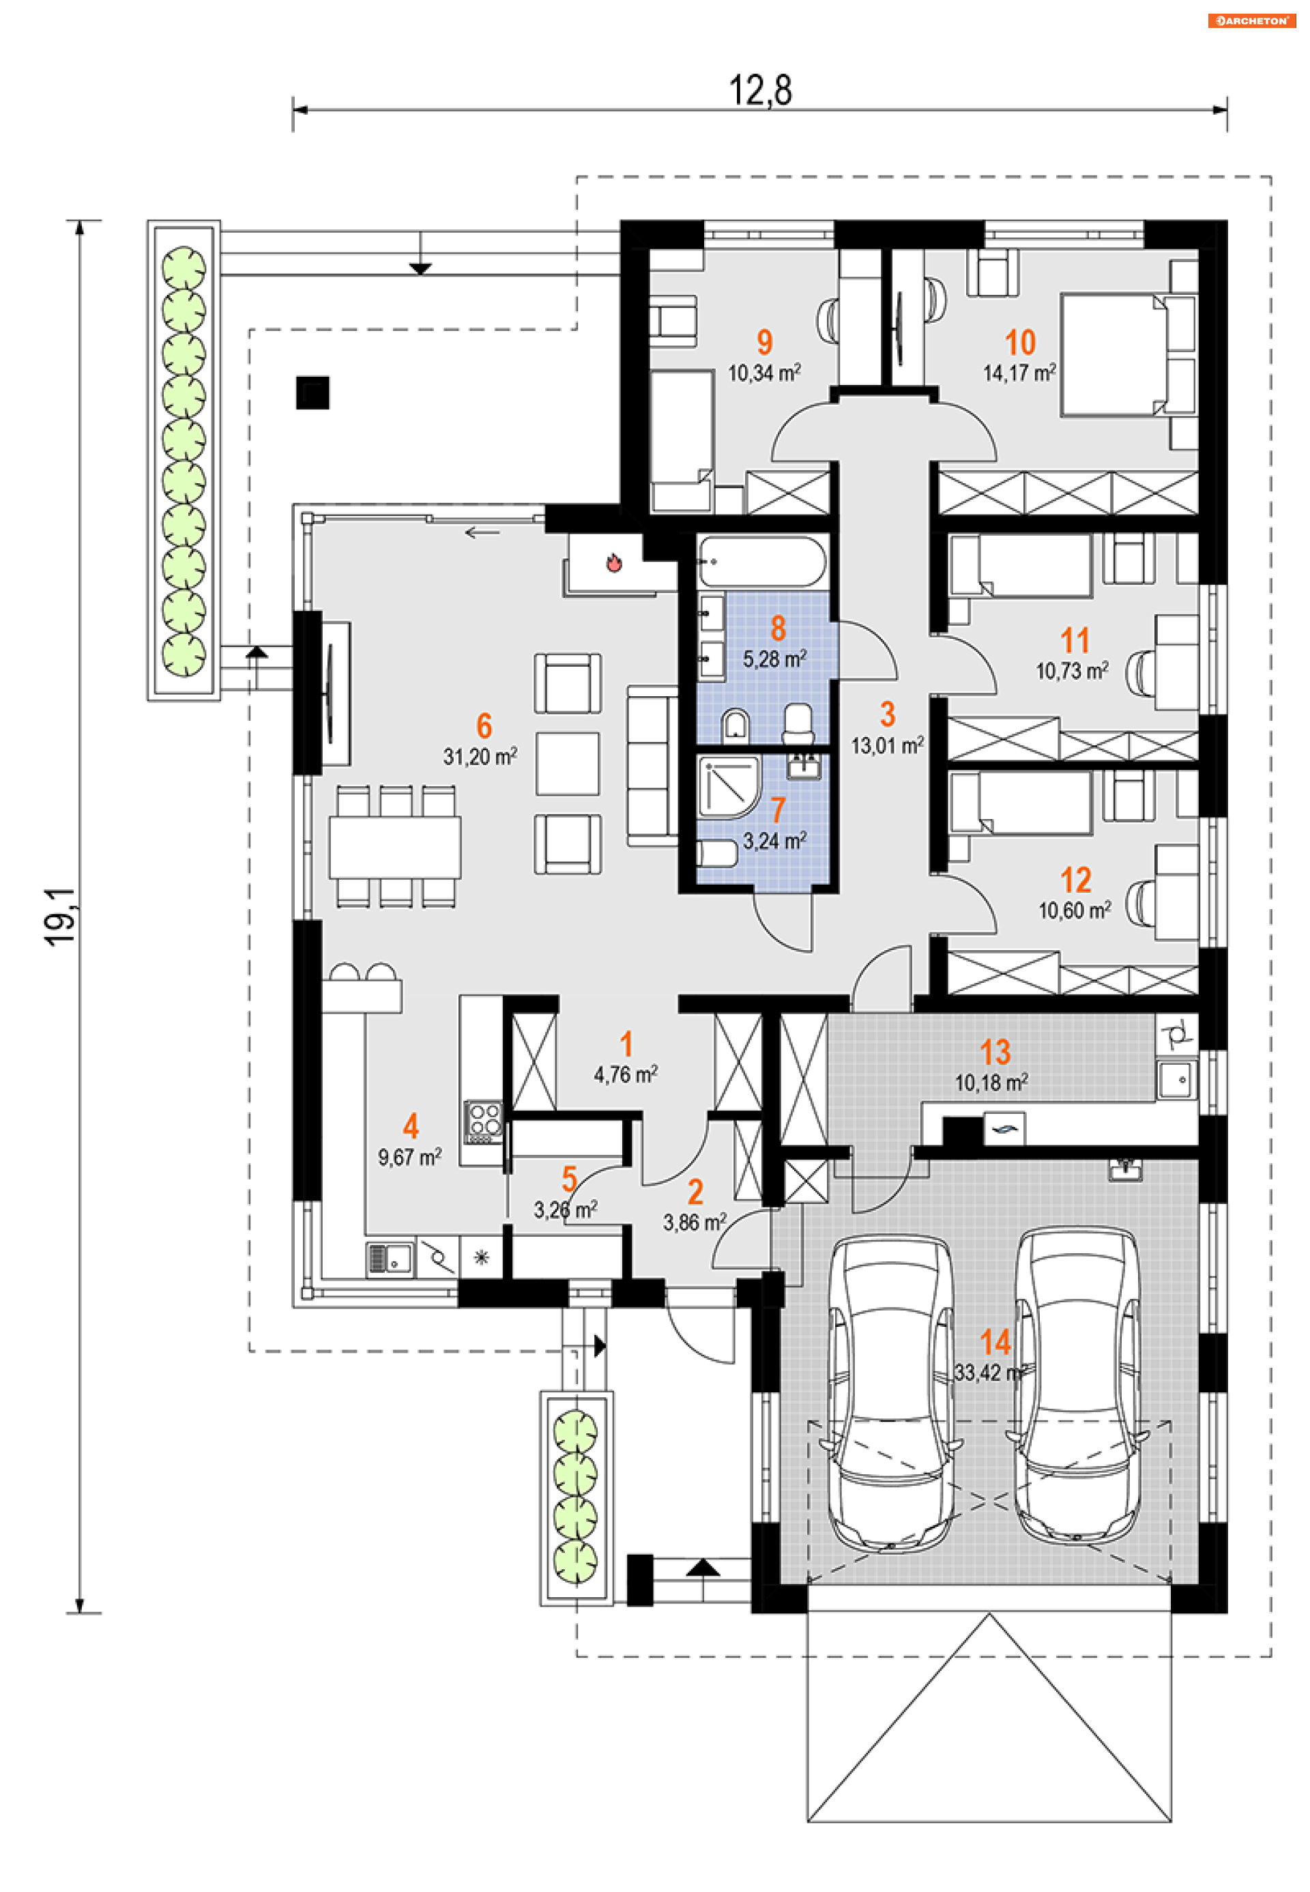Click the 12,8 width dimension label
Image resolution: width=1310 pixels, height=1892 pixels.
click(760, 89)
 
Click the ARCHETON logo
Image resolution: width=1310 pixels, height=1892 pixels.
click(1251, 20)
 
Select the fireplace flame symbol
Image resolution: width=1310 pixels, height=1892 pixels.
click(613, 562)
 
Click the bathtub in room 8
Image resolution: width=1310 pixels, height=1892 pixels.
click(761, 562)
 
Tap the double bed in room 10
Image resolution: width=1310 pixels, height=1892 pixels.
click(1129, 355)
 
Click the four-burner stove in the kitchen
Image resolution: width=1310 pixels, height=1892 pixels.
click(484, 1121)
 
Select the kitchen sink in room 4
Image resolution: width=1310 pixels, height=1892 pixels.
click(390, 1258)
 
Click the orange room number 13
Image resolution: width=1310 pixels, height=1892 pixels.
click(994, 1052)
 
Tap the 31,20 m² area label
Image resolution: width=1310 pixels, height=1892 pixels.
click(480, 756)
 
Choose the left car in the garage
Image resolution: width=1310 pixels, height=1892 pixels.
click(891, 1392)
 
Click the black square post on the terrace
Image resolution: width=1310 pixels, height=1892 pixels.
click(312, 392)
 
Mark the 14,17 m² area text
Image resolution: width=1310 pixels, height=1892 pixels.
click(1019, 373)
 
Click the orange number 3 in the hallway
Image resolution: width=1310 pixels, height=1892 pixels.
click(887, 715)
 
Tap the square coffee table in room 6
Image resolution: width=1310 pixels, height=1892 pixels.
click(567, 764)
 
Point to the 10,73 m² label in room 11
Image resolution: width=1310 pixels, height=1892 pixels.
click(1072, 671)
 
